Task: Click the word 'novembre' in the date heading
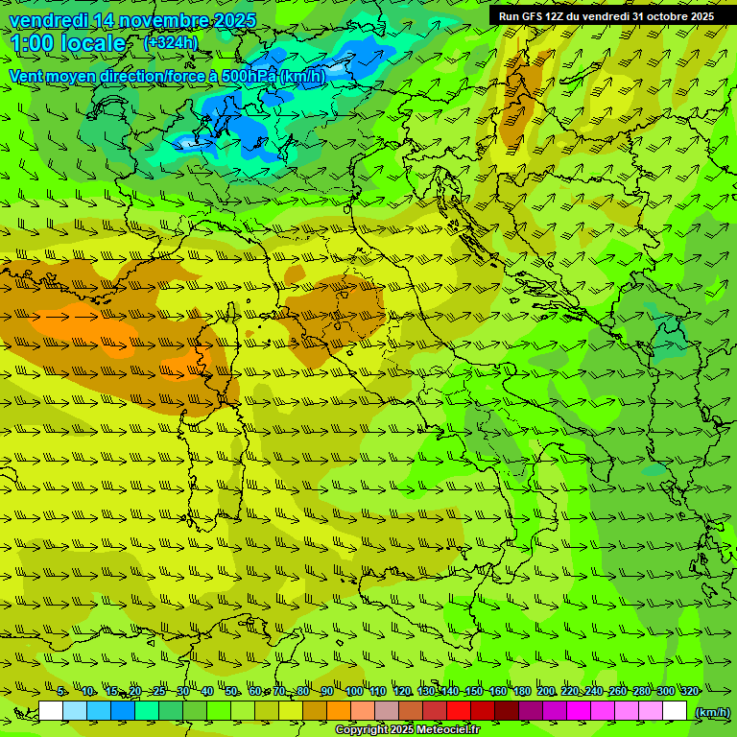point(162,20)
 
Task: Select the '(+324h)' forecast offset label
point(170,42)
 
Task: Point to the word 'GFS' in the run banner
point(531,16)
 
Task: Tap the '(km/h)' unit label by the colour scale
point(712,711)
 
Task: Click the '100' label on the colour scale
point(354,691)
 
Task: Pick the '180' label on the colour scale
point(522,691)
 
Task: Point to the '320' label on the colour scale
point(689,691)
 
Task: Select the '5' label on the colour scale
point(61,691)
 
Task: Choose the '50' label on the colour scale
point(231,691)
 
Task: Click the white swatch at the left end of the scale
point(51,711)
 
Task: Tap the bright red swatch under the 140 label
point(459,711)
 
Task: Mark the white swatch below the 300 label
point(675,711)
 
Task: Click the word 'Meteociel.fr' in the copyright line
point(442,730)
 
